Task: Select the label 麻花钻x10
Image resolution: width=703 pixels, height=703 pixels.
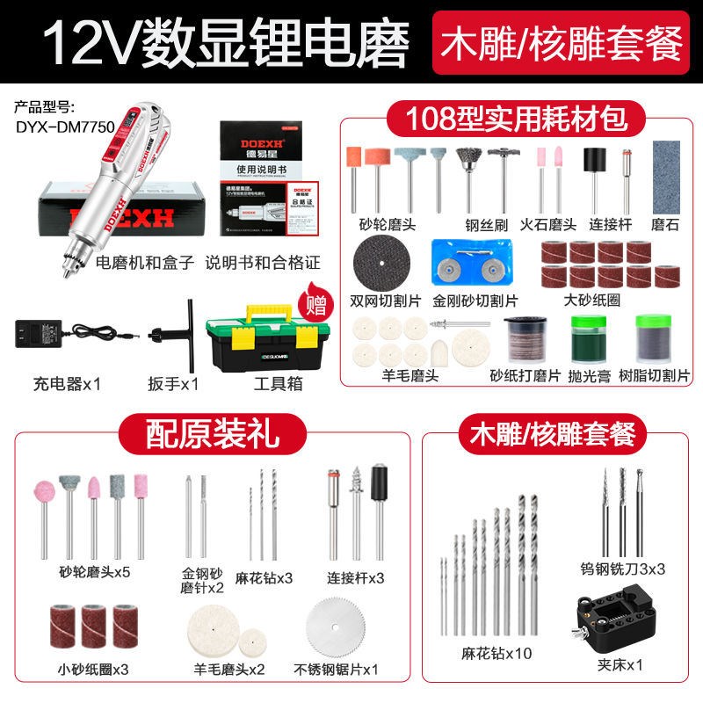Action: [x=496, y=653]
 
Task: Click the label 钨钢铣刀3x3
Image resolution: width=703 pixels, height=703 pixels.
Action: [x=622, y=569]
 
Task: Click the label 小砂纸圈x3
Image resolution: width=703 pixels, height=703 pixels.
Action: [x=91, y=669]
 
